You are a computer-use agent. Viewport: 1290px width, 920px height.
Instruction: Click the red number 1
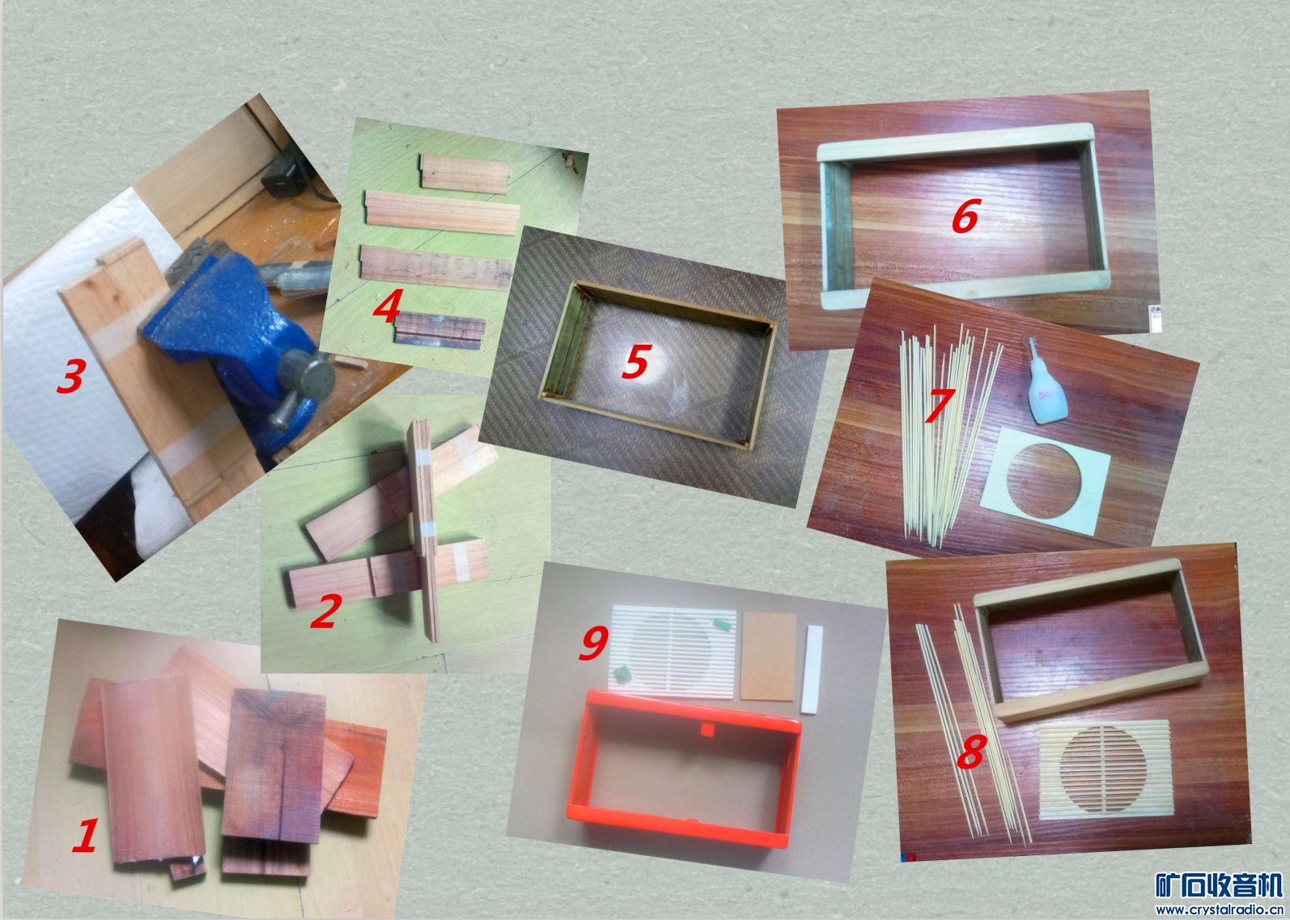tap(85, 835)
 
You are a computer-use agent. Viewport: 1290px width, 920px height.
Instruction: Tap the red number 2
tap(326, 611)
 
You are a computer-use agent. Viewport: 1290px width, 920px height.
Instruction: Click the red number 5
tap(636, 362)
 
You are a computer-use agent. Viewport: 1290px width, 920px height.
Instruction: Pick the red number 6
tap(965, 217)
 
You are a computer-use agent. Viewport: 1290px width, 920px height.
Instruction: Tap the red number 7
tap(940, 405)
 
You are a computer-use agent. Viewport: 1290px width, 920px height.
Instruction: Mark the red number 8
tap(971, 752)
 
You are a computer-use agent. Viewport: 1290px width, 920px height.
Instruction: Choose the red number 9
tap(593, 643)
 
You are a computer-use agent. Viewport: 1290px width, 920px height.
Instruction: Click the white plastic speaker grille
tap(672, 647)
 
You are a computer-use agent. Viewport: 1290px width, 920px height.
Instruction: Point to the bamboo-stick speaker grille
tap(1105, 769)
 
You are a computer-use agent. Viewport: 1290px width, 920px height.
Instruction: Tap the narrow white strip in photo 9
tap(812, 669)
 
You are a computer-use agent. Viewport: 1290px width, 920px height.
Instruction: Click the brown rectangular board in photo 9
tap(768, 656)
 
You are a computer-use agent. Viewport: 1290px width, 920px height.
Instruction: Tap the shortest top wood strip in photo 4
tap(465, 173)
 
